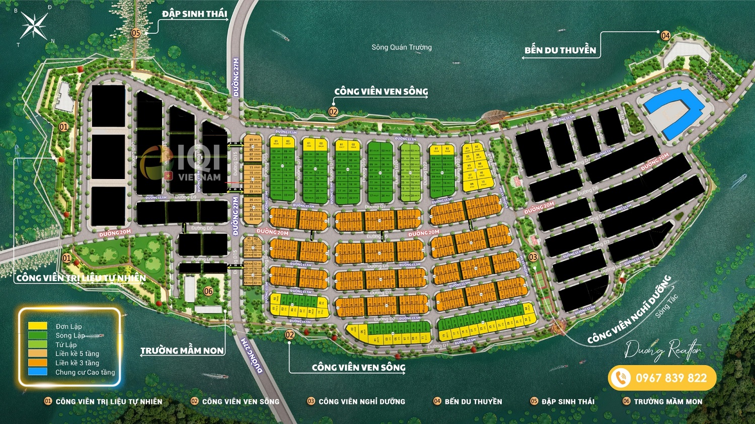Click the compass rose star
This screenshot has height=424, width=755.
pos(34,25)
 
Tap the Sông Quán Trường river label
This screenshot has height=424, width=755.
pos(401,47)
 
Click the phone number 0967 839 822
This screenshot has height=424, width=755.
pos(671,378)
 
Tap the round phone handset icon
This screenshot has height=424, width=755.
pos(621,378)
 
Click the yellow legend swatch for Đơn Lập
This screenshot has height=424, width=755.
pos(38,326)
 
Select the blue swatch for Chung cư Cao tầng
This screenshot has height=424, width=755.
pos(38,372)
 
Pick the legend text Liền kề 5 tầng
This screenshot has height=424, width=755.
pos(77,354)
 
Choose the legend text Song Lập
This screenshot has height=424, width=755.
pos(70,335)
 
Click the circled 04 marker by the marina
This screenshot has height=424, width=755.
pos(665,36)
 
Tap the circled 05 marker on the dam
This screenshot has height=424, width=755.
pos(136,33)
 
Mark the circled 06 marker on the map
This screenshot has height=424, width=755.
pos(208,291)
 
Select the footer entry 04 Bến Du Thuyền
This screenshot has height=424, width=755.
pos(468,401)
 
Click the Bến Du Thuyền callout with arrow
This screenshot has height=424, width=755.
pos(560,50)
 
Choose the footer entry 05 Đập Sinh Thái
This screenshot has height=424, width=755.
pos(562,401)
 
